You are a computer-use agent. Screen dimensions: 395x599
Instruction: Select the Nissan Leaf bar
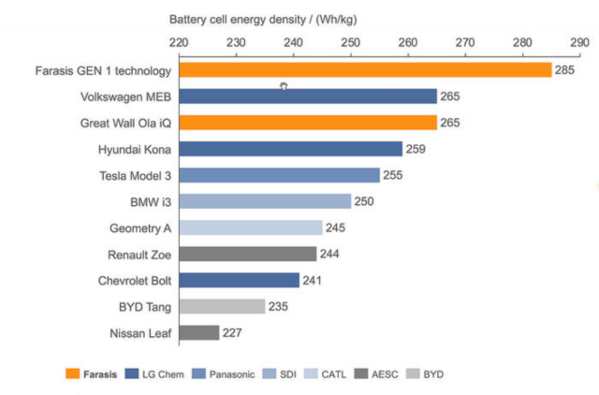coord(198,332)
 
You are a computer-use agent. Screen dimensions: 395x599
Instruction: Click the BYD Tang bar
coord(222,306)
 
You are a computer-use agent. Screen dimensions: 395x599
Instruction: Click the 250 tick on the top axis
coord(350,42)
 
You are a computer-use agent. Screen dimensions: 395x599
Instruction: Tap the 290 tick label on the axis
coord(579,42)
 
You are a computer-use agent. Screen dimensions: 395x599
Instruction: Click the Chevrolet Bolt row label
coord(135,280)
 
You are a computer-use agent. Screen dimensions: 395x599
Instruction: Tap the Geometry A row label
coord(140,227)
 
